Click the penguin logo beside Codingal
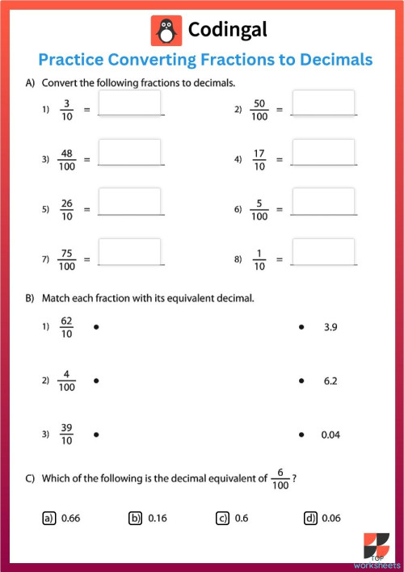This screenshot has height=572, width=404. [166, 31]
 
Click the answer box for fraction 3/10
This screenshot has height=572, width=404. [129, 103]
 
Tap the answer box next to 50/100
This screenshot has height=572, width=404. [323, 103]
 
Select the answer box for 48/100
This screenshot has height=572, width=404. [129, 153]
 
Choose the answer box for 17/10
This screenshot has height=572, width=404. [323, 153]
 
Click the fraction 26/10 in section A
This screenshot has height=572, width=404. [67, 209]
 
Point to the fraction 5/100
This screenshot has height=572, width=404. [259, 209]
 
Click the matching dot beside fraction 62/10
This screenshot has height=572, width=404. [95, 327]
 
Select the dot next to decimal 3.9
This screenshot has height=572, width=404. [301, 327]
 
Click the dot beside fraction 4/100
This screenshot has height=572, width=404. [95, 381]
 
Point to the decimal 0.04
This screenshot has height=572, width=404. [330, 435]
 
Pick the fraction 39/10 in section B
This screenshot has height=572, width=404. [67, 435]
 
